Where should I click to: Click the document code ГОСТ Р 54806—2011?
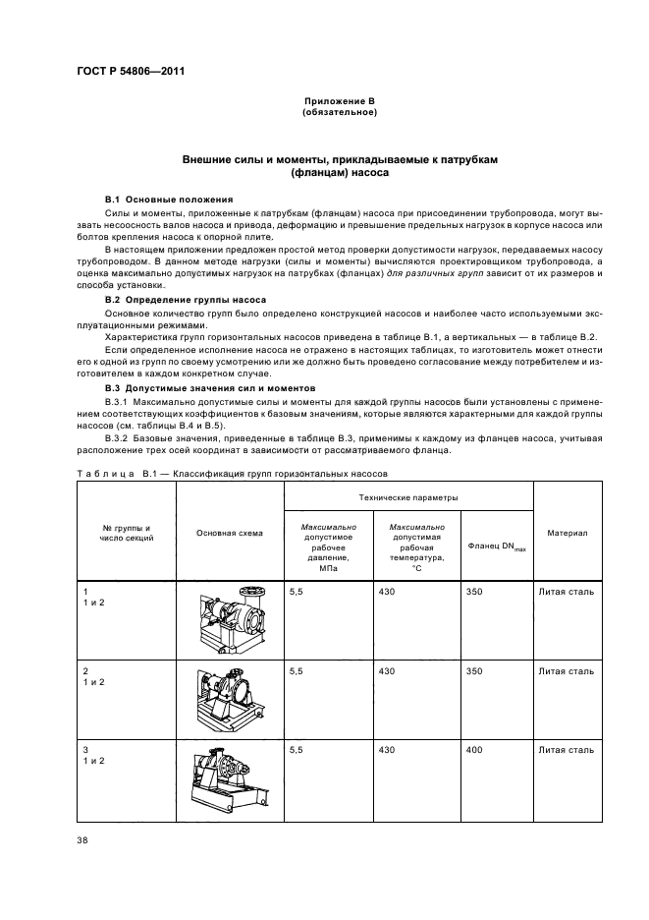(131, 72)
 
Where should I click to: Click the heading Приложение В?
(340, 101)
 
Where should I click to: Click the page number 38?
(82, 841)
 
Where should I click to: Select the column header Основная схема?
(229, 534)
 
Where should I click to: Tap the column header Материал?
(567, 533)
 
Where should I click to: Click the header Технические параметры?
(407, 497)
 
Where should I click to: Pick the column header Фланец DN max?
(496, 546)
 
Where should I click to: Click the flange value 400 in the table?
(475, 750)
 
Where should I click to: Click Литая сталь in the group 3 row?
(566, 750)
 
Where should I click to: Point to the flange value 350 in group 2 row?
(475, 671)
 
